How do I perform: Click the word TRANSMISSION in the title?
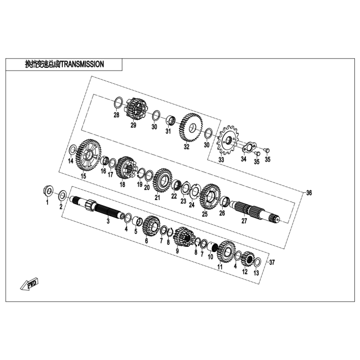click(x=82, y=64)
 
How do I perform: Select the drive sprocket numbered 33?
click(x=227, y=141)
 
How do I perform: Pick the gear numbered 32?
click(x=192, y=127)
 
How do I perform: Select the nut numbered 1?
click(x=47, y=192)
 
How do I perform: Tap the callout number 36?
click(x=309, y=193)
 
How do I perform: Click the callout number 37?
click(x=272, y=262)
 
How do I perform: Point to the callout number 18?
click(x=122, y=185)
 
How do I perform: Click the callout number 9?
click(x=177, y=251)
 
